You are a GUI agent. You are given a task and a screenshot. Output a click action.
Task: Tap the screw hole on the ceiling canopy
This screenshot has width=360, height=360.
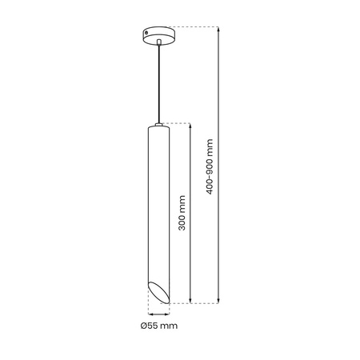pos(146,33)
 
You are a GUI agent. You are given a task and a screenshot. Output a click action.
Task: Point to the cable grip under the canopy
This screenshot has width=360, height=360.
pos(159,42)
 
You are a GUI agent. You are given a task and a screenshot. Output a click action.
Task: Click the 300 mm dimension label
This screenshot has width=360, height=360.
pos(182,214)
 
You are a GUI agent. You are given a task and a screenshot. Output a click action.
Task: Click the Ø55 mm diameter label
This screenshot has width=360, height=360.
pos(158,326)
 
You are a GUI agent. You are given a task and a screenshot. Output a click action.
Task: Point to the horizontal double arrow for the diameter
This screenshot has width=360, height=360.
pos(158,314)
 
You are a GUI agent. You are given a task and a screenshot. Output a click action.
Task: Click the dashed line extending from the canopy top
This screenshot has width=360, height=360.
pos(196,26)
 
